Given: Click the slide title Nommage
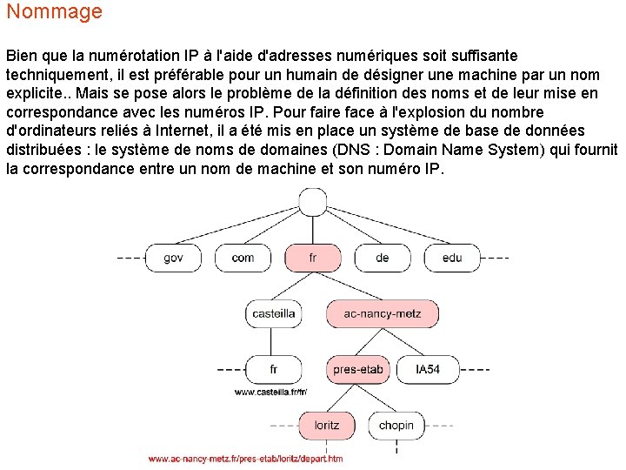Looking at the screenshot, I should (x=54, y=12).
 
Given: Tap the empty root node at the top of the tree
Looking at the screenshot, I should (x=312, y=202).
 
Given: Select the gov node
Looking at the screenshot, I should (x=173, y=258).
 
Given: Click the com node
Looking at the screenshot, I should (x=243, y=258).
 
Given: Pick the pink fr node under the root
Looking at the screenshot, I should (x=312, y=258).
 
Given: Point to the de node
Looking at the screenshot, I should (x=383, y=258).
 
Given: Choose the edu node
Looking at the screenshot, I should (x=452, y=258).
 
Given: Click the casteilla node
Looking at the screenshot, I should (x=273, y=313).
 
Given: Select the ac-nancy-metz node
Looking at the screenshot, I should (x=382, y=313).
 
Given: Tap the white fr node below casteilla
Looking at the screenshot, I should (x=273, y=369).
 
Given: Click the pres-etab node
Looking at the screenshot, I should (x=357, y=369).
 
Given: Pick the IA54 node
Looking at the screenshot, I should (x=428, y=369).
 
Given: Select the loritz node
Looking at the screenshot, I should (x=327, y=426).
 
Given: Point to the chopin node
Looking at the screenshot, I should (x=396, y=426).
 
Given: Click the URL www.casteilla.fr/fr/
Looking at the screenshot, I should (x=271, y=393).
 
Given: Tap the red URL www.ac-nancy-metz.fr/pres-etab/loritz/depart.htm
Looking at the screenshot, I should (x=245, y=459).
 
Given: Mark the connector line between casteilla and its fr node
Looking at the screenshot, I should (x=273, y=341).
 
